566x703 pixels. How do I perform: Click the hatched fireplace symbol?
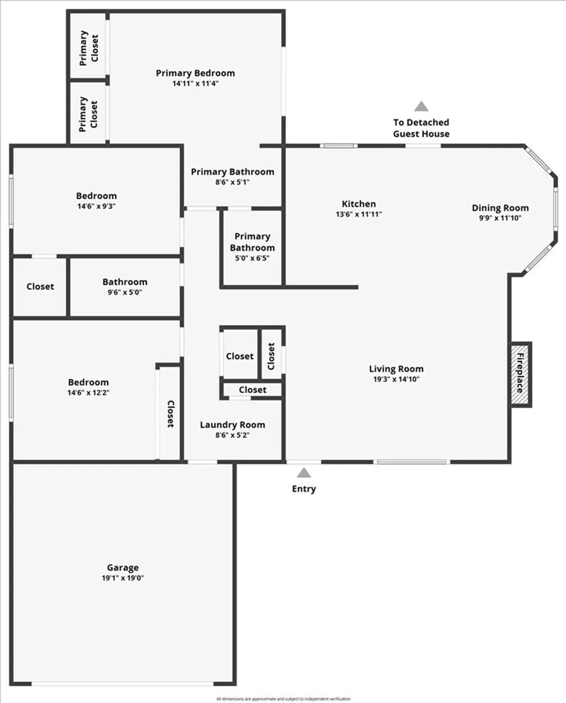(x=520, y=375)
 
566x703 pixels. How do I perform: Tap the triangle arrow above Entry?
(x=303, y=473)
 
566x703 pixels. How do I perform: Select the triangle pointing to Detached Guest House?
(x=421, y=107)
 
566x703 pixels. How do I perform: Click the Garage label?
(x=123, y=568)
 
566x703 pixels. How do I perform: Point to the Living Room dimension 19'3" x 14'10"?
(x=396, y=379)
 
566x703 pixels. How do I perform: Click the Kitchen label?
(x=359, y=204)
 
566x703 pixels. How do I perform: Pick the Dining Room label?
(x=500, y=208)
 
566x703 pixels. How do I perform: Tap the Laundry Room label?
(x=232, y=425)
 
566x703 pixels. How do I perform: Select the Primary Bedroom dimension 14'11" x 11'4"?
(x=195, y=83)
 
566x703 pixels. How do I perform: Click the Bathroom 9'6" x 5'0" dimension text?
(x=125, y=292)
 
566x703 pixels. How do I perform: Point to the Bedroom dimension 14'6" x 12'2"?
(x=88, y=393)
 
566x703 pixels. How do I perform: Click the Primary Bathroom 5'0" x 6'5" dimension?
(x=252, y=258)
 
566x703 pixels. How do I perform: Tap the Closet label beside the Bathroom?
(x=40, y=287)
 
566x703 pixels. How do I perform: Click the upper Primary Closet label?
(x=88, y=48)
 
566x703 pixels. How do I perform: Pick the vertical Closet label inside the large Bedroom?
(x=170, y=414)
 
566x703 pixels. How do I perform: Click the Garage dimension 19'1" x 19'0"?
(x=123, y=578)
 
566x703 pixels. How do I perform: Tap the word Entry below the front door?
(x=304, y=489)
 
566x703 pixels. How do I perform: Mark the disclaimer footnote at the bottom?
(x=283, y=699)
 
